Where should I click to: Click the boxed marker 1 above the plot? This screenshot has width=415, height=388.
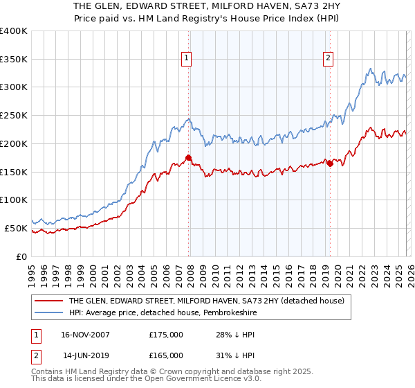(x=187, y=59)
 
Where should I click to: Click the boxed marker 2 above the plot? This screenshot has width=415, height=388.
(x=328, y=59)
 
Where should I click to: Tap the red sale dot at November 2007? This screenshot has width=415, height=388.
(x=188, y=158)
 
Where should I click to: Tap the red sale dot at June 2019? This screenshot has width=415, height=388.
(x=330, y=164)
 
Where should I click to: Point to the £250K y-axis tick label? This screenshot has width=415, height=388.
(x=14, y=116)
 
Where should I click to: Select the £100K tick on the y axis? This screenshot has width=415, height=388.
(x=14, y=200)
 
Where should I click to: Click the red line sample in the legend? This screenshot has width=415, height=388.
(x=48, y=301)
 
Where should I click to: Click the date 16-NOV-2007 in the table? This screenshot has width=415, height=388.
(x=85, y=335)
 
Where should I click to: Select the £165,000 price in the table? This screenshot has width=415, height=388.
(x=166, y=355)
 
